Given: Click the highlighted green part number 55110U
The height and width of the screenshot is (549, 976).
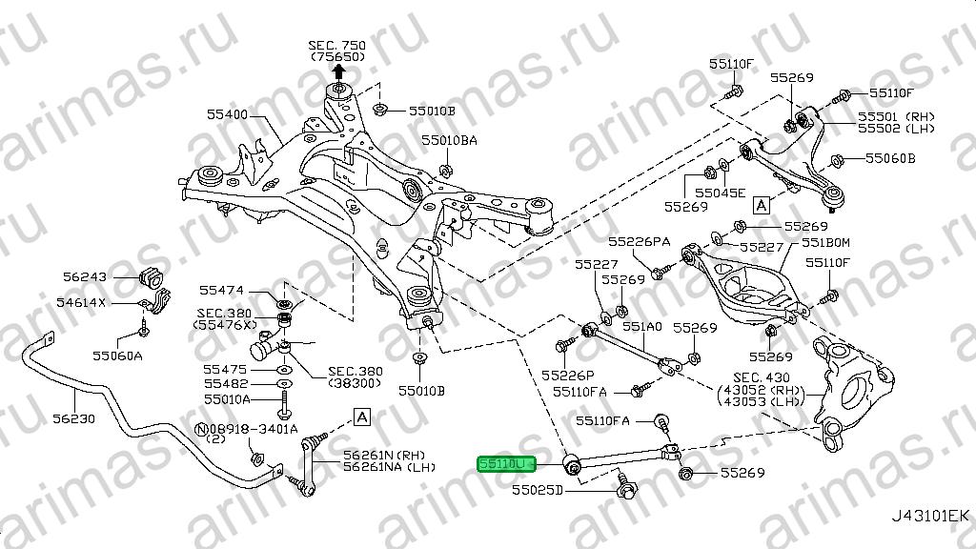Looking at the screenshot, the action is click(498, 464).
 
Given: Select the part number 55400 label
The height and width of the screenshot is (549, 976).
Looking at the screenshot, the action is click(227, 114).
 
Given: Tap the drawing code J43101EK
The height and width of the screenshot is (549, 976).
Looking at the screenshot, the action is click(930, 516).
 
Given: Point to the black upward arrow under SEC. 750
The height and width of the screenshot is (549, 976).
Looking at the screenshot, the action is click(338, 72).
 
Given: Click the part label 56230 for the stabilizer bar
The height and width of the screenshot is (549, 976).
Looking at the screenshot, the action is click(73, 419).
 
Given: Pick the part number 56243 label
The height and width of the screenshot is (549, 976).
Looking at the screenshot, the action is click(85, 276).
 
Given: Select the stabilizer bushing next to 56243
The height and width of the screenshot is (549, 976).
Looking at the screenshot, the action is click(152, 277).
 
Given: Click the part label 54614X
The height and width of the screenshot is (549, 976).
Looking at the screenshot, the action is click(81, 303).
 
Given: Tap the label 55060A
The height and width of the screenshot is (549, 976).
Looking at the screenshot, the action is click(117, 356).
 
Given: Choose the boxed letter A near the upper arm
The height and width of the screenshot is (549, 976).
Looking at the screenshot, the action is click(762, 204).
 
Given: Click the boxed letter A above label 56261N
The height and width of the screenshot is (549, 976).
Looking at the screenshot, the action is click(361, 417).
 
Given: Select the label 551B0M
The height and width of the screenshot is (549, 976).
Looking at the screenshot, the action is click(825, 243).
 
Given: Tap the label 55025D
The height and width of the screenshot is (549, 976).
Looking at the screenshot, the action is click(538, 490).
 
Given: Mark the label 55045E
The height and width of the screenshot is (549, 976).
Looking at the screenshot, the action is click(721, 193).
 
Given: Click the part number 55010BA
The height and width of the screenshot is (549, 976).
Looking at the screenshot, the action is click(450, 141).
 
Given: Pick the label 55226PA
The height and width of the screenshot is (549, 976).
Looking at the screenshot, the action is click(640, 241).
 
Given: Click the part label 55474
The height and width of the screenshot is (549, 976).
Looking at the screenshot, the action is click(221, 291).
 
